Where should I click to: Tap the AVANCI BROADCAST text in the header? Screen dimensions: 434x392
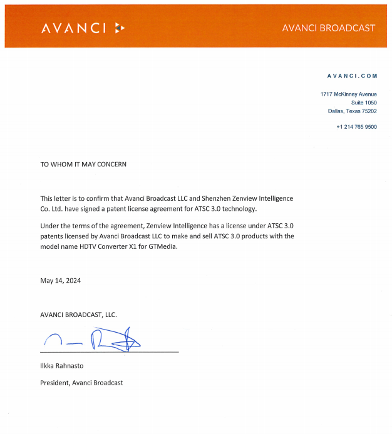(328, 28)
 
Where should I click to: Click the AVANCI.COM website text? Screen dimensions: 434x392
(352, 76)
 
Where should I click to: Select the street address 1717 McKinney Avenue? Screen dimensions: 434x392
(348, 94)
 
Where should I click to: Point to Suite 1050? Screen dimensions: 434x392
(364, 103)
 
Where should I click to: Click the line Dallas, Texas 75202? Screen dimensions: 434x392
(352, 111)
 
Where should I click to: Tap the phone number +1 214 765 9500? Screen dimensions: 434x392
(356, 127)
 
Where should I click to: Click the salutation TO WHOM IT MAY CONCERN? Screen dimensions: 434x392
(83, 164)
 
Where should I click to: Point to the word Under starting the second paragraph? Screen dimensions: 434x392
(49, 225)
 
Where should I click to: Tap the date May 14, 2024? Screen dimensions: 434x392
(61, 281)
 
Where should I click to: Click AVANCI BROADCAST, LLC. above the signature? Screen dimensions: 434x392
(79, 315)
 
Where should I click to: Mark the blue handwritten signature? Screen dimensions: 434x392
(94, 340)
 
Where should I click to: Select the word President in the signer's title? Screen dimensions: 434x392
(55, 382)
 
